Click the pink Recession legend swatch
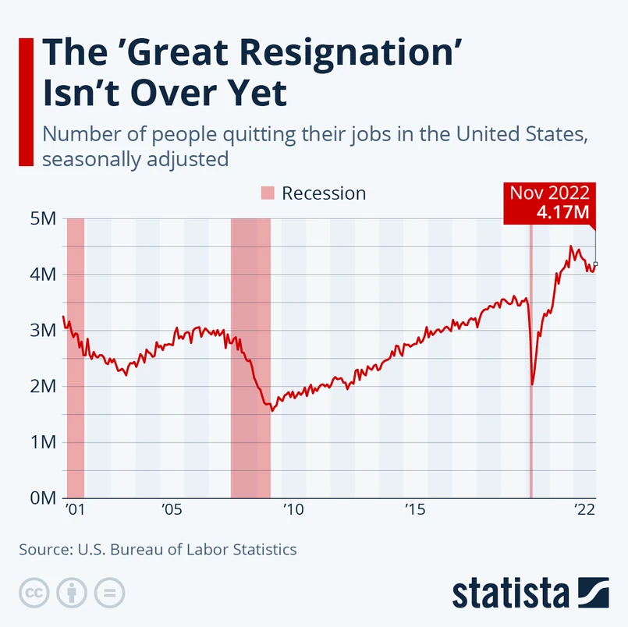pyautogui.click(x=268, y=193)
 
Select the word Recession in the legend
pyautogui.click(x=324, y=193)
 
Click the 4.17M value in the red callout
pyautogui.click(x=562, y=212)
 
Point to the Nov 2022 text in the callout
pyautogui.click(x=549, y=193)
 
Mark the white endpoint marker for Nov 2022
pyautogui.click(x=596, y=264)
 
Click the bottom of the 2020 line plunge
pyautogui.click(x=533, y=384)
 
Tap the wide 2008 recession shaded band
pyautogui.click(x=250, y=359)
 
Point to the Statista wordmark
pyautogui.click(x=511, y=592)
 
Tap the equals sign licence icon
pyautogui.click(x=109, y=592)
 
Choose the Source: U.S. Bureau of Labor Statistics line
pyautogui.click(x=158, y=549)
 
